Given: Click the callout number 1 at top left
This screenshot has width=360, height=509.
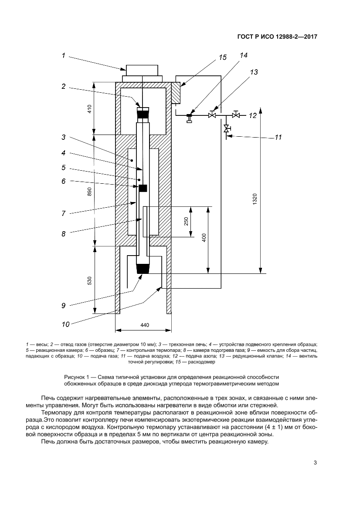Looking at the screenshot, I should click(63, 55).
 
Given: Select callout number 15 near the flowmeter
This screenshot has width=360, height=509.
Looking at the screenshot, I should click(222, 57).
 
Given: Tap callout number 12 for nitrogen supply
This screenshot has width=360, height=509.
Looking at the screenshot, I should click(253, 116).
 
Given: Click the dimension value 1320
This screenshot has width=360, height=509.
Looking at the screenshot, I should click(256, 199).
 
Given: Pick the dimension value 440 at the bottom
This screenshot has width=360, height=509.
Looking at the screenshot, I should click(145, 325).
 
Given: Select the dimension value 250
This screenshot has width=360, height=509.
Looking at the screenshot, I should click(186, 221).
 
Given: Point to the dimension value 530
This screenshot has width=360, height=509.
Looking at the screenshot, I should click(90, 280).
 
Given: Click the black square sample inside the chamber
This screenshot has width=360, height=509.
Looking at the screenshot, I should click(143, 188).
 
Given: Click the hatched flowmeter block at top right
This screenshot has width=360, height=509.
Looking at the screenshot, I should click(176, 92).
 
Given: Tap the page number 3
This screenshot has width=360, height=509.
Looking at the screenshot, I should click(315, 462).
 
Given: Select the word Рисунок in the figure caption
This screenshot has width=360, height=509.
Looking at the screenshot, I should click(75, 377).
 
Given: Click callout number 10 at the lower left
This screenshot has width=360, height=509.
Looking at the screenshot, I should click(65, 324).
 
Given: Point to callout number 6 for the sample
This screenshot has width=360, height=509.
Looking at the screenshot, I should click(63, 181).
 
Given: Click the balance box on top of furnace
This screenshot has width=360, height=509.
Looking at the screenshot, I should click(142, 71).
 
